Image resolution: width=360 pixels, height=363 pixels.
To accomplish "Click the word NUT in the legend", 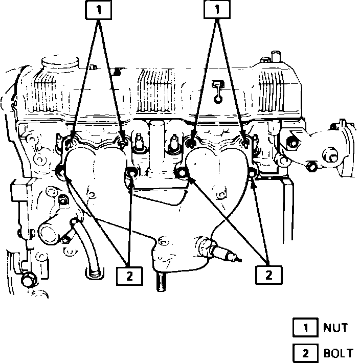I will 335,328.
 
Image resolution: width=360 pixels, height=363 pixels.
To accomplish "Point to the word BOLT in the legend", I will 338,353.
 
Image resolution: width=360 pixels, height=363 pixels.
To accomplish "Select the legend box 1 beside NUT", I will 305,328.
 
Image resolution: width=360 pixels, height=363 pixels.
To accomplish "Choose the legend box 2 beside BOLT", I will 305,353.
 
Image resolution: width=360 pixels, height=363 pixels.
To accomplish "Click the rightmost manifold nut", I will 245,139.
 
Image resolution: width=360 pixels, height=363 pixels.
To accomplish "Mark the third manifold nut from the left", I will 191,139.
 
